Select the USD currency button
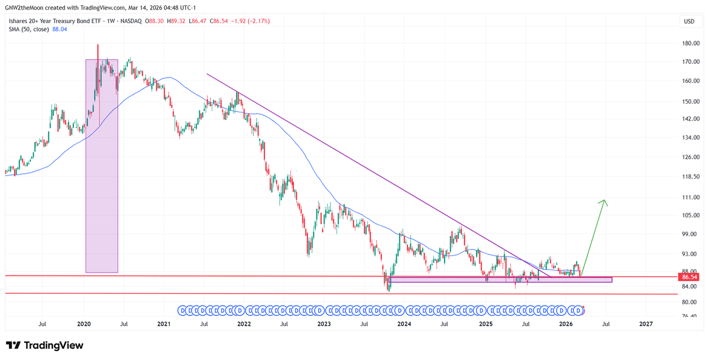689,21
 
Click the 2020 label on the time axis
84,324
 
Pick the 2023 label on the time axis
324,324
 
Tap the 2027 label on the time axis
646,324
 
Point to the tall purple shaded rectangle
102,166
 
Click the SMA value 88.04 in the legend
60,29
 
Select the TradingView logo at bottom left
45,345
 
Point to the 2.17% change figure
258,21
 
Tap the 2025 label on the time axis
485,324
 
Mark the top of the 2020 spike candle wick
98,44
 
